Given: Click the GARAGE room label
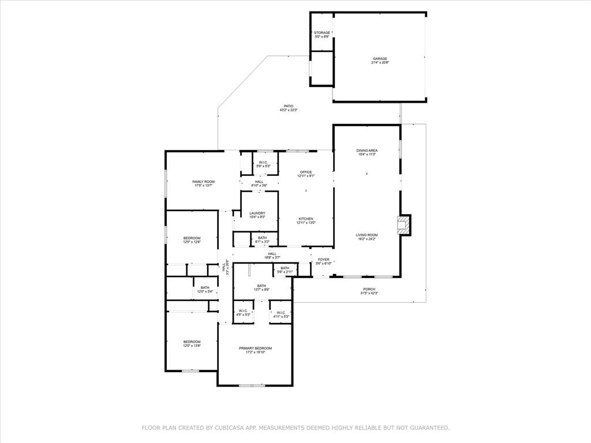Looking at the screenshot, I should tap(379, 58).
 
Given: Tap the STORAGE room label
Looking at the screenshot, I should tap(322, 33).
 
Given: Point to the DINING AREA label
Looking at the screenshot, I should tap(367, 151).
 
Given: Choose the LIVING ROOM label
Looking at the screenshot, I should tap(366, 235).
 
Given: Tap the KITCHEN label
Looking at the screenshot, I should tap(306, 219).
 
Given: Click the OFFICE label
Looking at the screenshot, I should tap(306, 172).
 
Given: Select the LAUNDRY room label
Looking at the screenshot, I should tap(257, 213).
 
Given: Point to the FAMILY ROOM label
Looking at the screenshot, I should tap(203, 182).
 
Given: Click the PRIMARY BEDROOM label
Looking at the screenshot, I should tap(255, 348).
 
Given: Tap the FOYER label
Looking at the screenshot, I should tap(323, 260).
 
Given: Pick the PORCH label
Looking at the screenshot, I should tap(369, 289).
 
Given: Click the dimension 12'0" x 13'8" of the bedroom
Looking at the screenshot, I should tap(192, 346).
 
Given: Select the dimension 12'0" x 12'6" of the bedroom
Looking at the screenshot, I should tap(192, 242).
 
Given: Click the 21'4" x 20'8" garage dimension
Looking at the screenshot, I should tap(379, 62).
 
